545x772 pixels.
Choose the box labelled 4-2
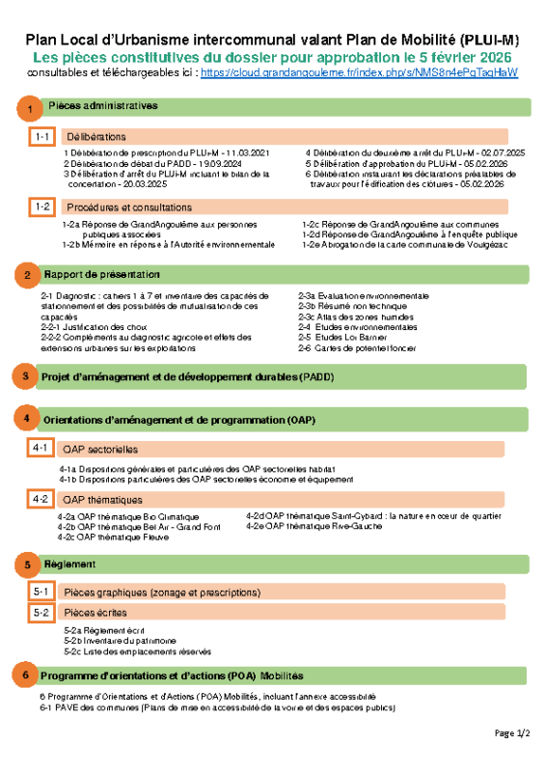(41, 499)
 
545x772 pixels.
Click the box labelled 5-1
(41, 592)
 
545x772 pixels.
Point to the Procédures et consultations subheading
(129, 207)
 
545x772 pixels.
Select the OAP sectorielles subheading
(99, 450)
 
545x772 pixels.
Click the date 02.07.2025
(502, 153)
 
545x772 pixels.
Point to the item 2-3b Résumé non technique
(351, 305)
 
